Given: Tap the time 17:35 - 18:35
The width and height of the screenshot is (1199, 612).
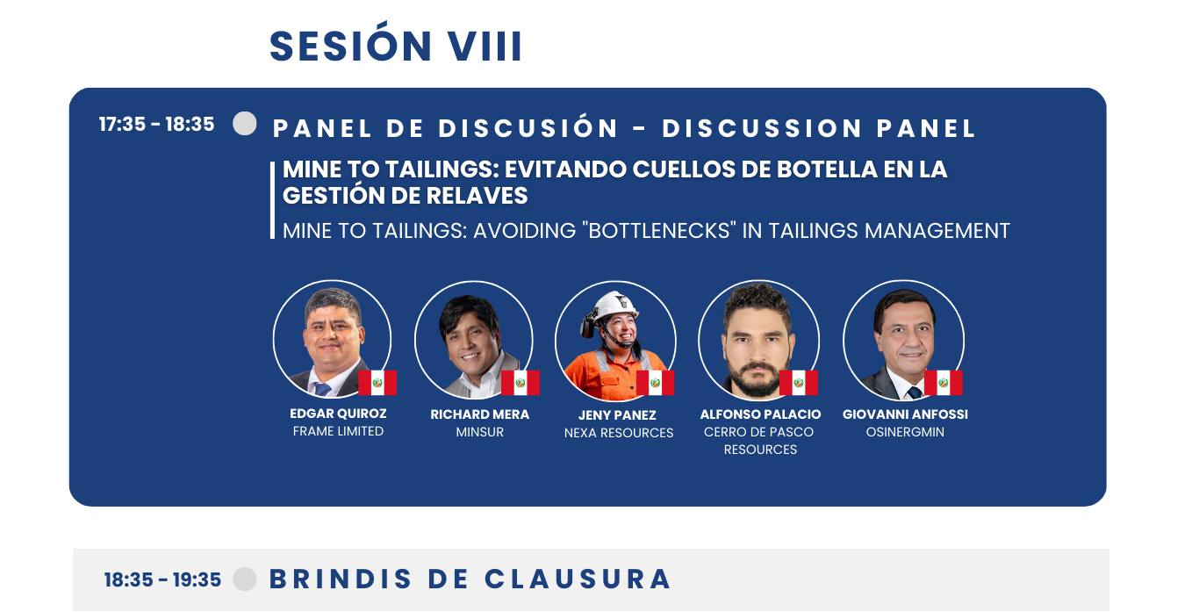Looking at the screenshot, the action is [157, 124].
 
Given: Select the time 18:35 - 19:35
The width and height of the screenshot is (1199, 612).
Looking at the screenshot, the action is [162, 580].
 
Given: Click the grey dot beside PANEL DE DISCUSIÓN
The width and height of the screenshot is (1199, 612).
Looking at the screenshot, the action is [245, 123].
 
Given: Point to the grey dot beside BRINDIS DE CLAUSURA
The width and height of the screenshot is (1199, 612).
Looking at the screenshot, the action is [245, 579].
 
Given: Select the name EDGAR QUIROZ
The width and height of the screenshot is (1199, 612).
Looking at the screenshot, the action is [338, 414].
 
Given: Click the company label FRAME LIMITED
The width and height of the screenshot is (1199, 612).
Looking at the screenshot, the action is [338, 431].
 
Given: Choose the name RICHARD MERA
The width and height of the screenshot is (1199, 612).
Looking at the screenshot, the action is [479, 414].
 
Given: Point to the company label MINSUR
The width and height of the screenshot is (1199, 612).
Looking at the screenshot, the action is [479, 432].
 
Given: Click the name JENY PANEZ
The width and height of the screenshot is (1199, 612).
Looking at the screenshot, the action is [617, 415].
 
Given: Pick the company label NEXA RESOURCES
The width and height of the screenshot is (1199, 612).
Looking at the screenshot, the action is [619, 433].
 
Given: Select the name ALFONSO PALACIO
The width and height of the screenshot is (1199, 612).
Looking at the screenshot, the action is [760, 414].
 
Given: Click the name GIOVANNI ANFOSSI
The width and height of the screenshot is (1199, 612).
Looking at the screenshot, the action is [905, 414].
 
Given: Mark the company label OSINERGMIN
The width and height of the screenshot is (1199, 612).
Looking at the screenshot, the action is [905, 432].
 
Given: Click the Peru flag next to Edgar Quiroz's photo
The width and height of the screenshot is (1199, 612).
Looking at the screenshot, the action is [377, 383].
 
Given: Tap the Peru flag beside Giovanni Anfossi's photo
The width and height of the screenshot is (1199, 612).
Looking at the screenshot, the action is [944, 383].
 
